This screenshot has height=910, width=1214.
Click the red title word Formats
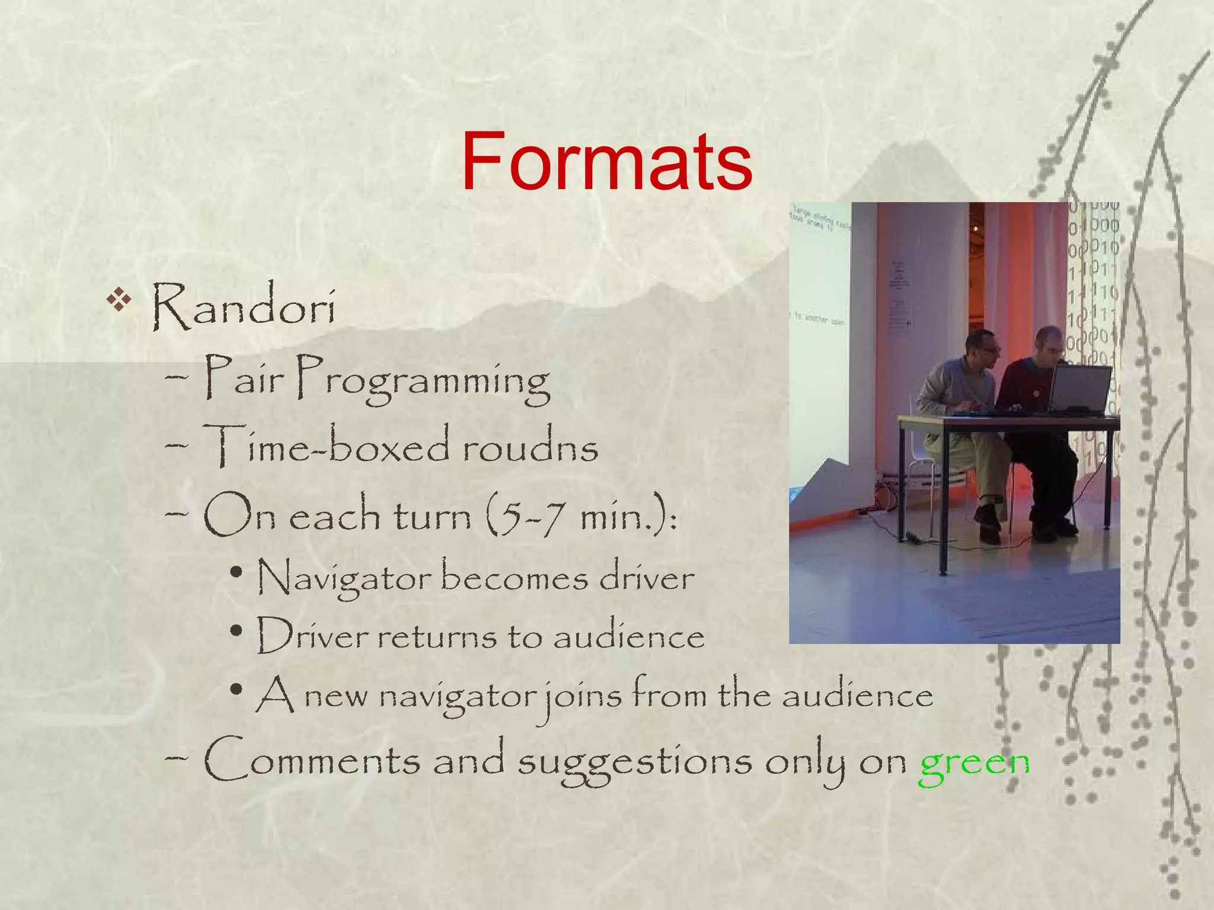tap(606, 162)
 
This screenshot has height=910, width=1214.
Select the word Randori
tap(244, 307)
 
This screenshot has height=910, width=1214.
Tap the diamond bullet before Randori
tap(119, 299)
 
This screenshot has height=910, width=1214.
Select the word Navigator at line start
tap(344, 578)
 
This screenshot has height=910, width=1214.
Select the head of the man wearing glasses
tap(981, 350)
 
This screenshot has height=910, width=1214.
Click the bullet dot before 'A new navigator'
tap(237, 690)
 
